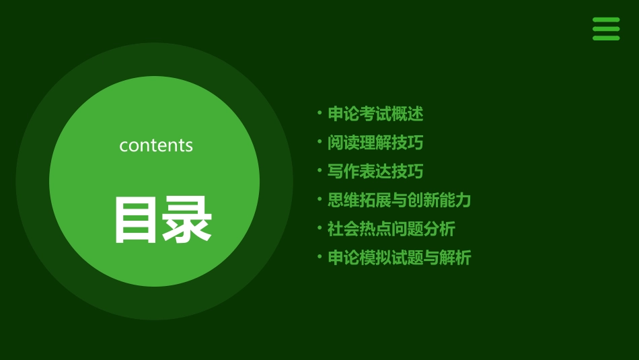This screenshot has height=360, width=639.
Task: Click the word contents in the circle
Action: point(156,145)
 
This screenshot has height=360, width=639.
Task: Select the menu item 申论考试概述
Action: point(375,114)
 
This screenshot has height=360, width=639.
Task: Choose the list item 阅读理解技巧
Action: point(375,143)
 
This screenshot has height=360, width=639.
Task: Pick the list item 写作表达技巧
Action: point(375,172)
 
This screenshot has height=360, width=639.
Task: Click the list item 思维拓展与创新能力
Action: point(400,200)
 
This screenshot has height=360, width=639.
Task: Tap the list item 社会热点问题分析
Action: point(391,229)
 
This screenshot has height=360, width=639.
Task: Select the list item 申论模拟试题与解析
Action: point(400,258)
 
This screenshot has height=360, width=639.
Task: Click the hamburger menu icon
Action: point(606,29)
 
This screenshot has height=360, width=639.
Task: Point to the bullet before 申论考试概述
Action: point(319,113)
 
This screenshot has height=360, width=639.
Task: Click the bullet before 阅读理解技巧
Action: point(319,142)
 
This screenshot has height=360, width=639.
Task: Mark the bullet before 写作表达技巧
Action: point(319,171)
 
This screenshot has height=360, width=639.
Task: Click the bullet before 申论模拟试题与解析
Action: point(319,257)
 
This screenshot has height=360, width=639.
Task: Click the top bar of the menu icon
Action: point(606,20)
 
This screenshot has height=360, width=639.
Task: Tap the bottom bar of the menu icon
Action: point(606,38)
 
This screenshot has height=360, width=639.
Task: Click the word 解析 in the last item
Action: point(455,258)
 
